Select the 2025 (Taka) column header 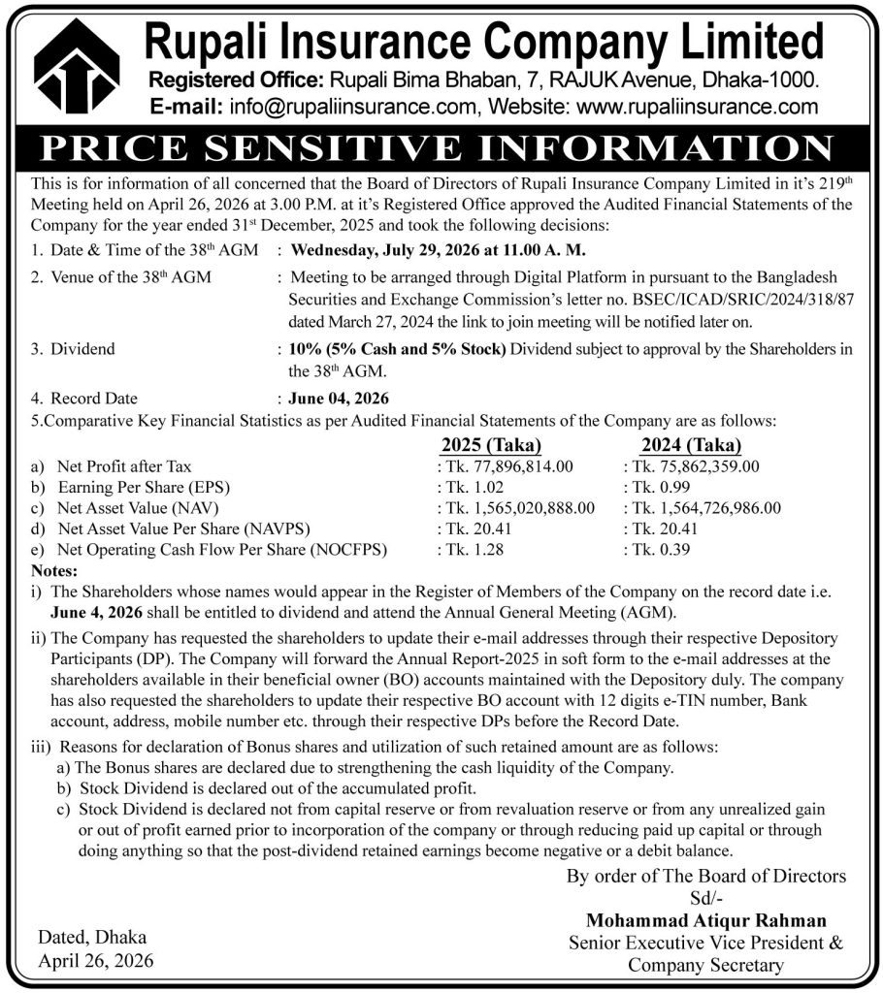point(491,445)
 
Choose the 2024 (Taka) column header point(691,445)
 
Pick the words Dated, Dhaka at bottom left point(93,937)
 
